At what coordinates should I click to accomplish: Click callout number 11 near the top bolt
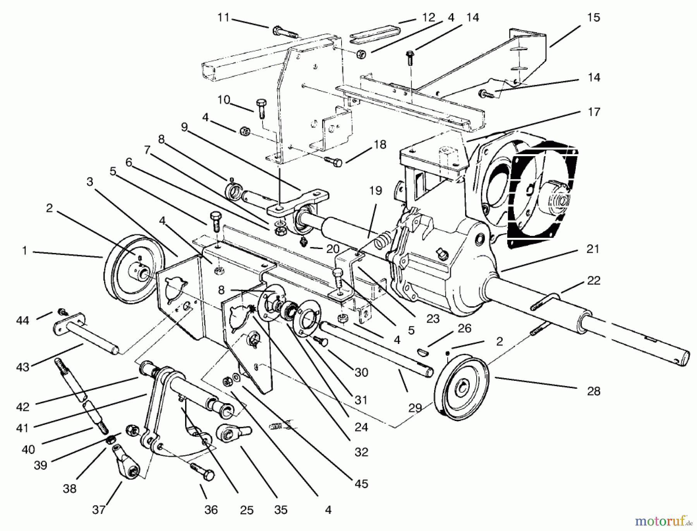(223, 18)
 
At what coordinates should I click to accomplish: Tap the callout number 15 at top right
(593, 18)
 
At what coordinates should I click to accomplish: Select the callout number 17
(593, 112)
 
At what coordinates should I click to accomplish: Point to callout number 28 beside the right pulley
(593, 391)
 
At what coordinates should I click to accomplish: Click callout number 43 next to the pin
(23, 366)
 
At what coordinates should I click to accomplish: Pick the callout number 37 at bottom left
(99, 510)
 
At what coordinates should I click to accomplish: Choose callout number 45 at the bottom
(361, 484)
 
